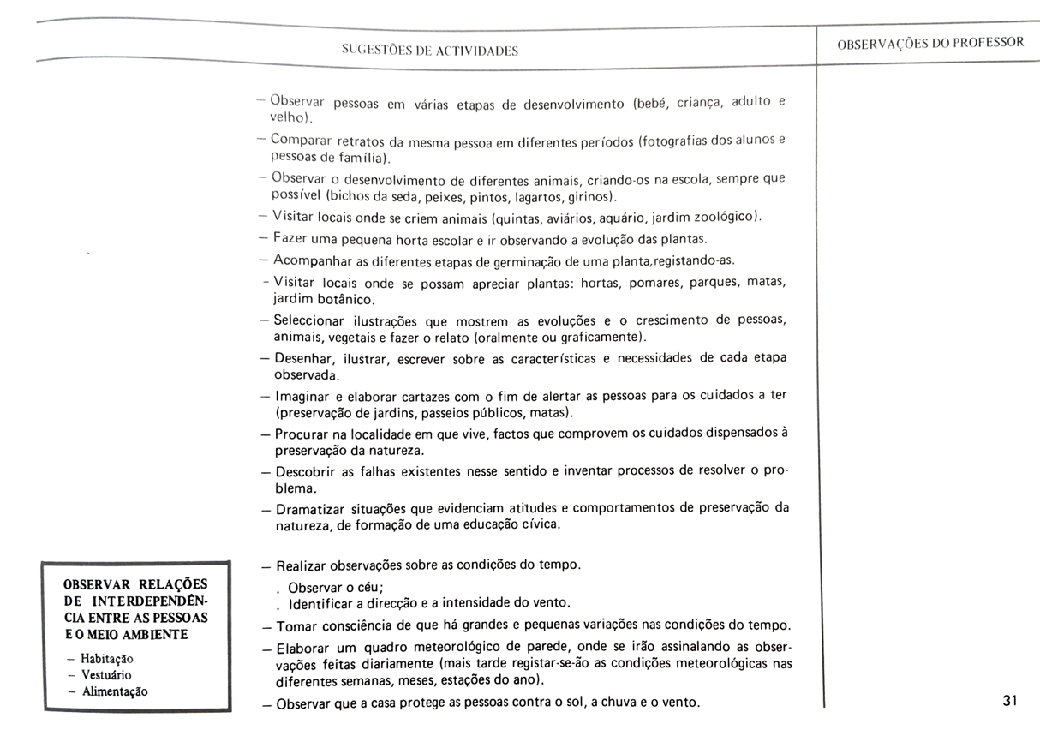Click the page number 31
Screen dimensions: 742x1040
tap(1008, 701)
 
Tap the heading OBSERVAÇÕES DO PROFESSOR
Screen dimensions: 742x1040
tap(930, 44)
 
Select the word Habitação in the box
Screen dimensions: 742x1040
tap(107, 659)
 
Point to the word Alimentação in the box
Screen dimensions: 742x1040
tap(114, 691)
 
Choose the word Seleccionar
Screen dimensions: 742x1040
tap(308, 321)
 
